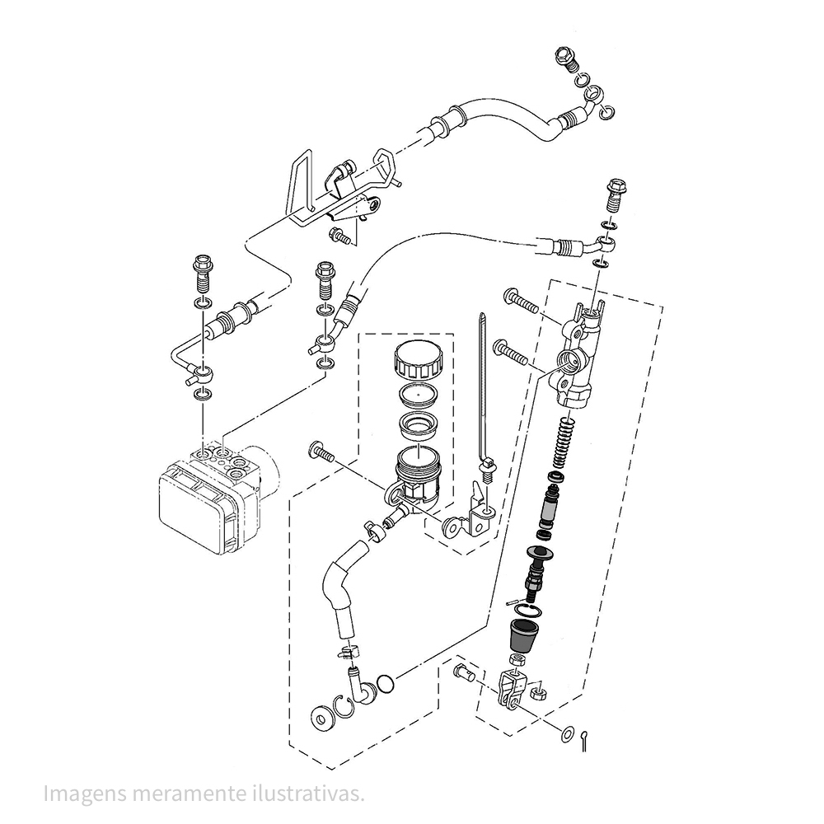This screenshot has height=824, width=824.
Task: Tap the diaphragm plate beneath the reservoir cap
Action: click(419, 394)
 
